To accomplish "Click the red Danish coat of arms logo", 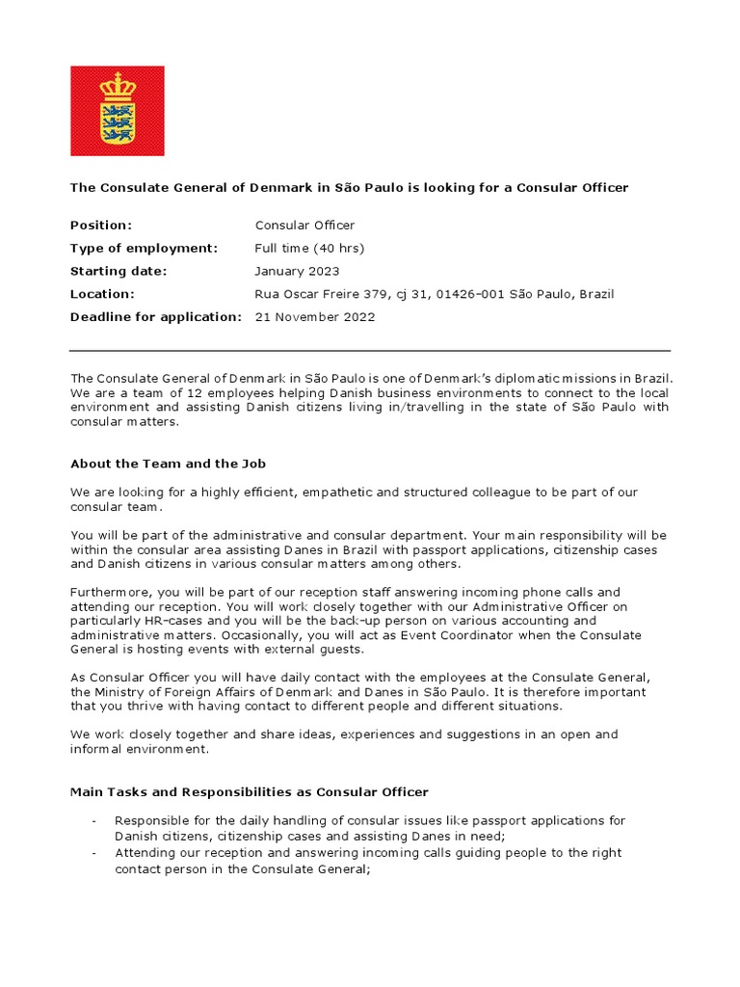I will pos(118,111).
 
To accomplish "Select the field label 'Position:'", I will pos(101,226).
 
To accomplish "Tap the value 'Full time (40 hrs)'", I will pos(309,249).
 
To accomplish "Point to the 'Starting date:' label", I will pos(119,272).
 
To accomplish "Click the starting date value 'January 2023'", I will pos(297,272).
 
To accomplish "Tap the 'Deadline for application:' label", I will pos(155,317).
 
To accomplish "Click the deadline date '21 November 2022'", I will pos(315,317).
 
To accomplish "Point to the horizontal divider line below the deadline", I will pos(370,351).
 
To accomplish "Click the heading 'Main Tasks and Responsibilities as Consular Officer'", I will pos(250,792).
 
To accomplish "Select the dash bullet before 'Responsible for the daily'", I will pos(93,821).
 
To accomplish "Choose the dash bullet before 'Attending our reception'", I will pos(93,854).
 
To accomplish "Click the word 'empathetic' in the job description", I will pos(334,493).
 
